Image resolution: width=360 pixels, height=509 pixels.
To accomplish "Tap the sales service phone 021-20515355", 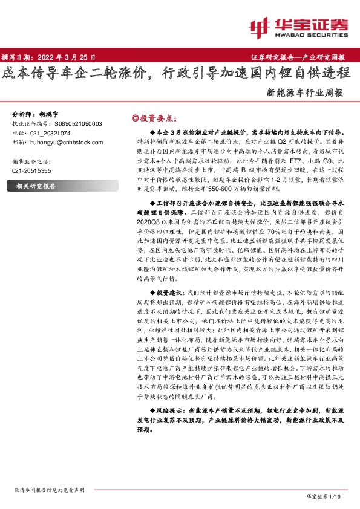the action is tap(34, 171).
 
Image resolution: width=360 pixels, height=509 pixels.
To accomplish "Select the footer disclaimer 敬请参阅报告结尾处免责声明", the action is tap(49, 490).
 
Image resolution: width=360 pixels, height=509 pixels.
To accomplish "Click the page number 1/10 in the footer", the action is tap(336, 496).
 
